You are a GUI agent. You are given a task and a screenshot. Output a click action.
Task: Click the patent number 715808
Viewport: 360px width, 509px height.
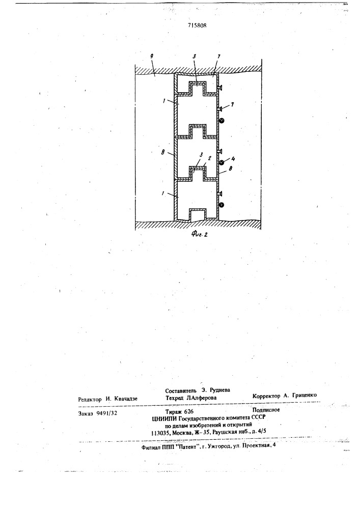197,25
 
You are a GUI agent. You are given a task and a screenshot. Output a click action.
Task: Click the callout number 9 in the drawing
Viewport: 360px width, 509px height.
152,56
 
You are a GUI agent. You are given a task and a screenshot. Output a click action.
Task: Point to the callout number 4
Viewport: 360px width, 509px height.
233,159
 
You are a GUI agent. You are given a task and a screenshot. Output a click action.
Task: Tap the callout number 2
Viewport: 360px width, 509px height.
210,159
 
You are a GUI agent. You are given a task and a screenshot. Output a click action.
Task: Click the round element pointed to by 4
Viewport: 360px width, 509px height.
221,163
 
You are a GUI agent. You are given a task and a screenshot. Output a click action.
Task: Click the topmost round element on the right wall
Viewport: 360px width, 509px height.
221,121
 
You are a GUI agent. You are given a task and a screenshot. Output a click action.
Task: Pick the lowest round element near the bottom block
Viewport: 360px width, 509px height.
221,205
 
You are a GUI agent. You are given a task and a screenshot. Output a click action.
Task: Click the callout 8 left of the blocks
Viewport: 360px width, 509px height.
162,152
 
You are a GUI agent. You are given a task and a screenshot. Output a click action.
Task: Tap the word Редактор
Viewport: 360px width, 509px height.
90,399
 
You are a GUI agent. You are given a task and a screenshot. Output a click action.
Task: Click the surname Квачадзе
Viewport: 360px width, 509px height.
126,399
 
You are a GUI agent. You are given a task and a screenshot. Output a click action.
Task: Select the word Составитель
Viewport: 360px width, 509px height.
181,390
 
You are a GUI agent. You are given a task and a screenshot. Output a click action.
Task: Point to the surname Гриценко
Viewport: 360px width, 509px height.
304,395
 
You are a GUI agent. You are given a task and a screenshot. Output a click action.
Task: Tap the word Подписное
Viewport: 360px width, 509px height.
266,410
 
